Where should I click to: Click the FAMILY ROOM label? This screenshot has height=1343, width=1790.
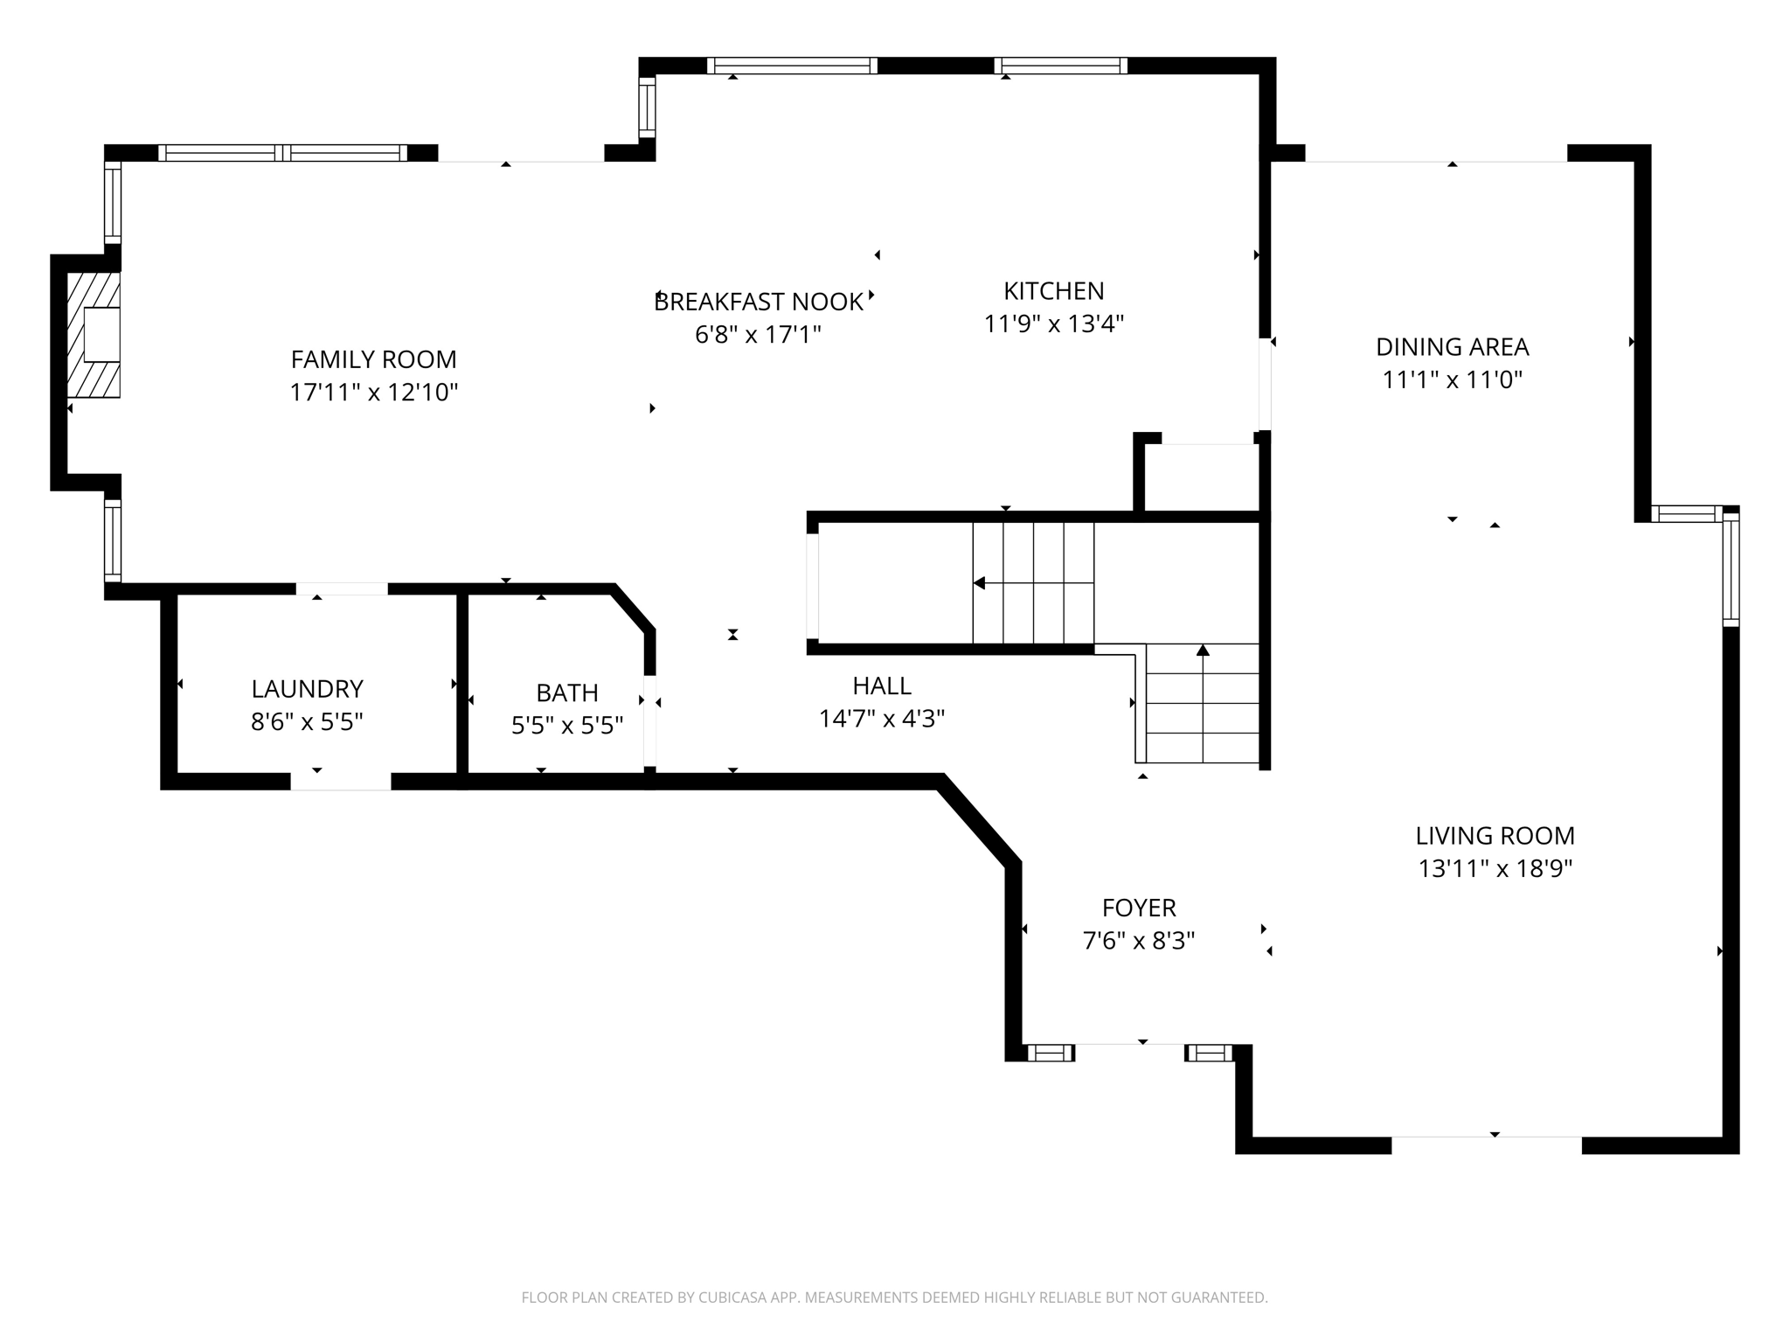pyautogui.click(x=373, y=359)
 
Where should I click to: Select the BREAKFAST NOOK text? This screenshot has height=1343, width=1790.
pyautogui.click(x=758, y=302)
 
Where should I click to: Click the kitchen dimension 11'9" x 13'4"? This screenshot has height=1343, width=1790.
pyautogui.click(x=1053, y=324)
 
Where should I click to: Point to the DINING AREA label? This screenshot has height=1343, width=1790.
pyautogui.click(x=1452, y=347)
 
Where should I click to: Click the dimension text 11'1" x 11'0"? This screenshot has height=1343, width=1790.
pyautogui.click(x=1452, y=380)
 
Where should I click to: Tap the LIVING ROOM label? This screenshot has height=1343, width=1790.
pyautogui.click(x=1495, y=836)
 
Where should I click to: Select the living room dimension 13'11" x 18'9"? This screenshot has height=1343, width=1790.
pyautogui.click(x=1495, y=869)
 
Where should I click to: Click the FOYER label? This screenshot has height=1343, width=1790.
pyautogui.click(x=1138, y=908)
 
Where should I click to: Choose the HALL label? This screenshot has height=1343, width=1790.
pyautogui.click(x=881, y=685)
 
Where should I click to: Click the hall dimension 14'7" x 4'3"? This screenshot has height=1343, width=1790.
pyautogui.click(x=881, y=719)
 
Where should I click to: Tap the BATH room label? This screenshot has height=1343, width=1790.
pyautogui.click(x=566, y=692)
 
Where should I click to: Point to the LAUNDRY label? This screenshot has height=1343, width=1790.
pyautogui.click(x=307, y=689)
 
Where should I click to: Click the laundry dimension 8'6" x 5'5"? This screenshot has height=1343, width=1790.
pyautogui.click(x=307, y=722)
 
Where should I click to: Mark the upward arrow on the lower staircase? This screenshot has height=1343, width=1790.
pyautogui.click(x=1203, y=651)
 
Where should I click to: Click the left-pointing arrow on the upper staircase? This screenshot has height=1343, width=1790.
pyautogui.click(x=980, y=582)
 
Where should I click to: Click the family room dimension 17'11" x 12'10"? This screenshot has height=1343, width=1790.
pyautogui.click(x=373, y=393)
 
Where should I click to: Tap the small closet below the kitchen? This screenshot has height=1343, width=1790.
pyautogui.click(x=1201, y=477)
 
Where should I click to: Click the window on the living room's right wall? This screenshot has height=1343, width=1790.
pyautogui.click(x=1731, y=568)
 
